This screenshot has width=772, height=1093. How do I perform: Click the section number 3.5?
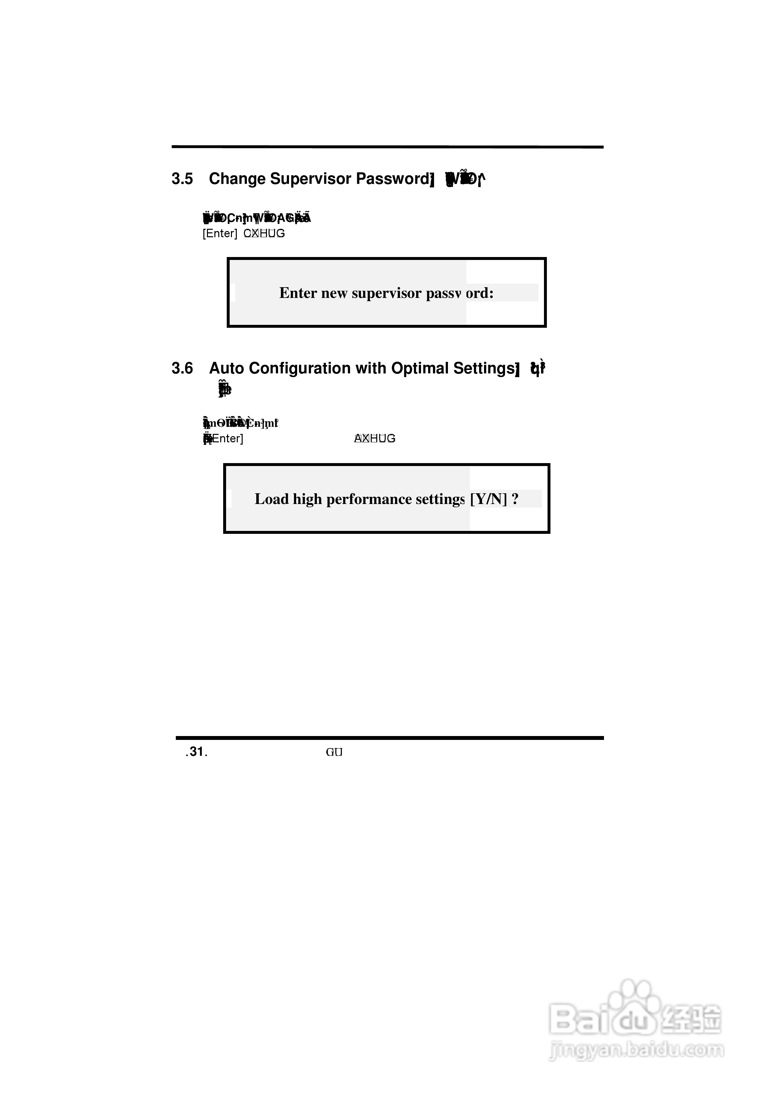(x=182, y=179)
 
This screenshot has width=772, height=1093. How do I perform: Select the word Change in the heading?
(x=237, y=179)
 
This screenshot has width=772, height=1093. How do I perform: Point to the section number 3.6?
(x=182, y=368)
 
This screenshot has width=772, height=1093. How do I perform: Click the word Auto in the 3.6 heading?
(x=226, y=368)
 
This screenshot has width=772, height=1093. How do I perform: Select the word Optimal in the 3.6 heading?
(x=419, y=368)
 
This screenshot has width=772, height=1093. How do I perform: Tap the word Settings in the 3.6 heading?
(x=483, y=368)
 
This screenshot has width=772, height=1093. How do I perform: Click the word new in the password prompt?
(x=334, y=293)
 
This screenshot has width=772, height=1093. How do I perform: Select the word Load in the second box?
(x=271, y=499)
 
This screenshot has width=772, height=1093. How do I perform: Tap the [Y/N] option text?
(x=488, y=499)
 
